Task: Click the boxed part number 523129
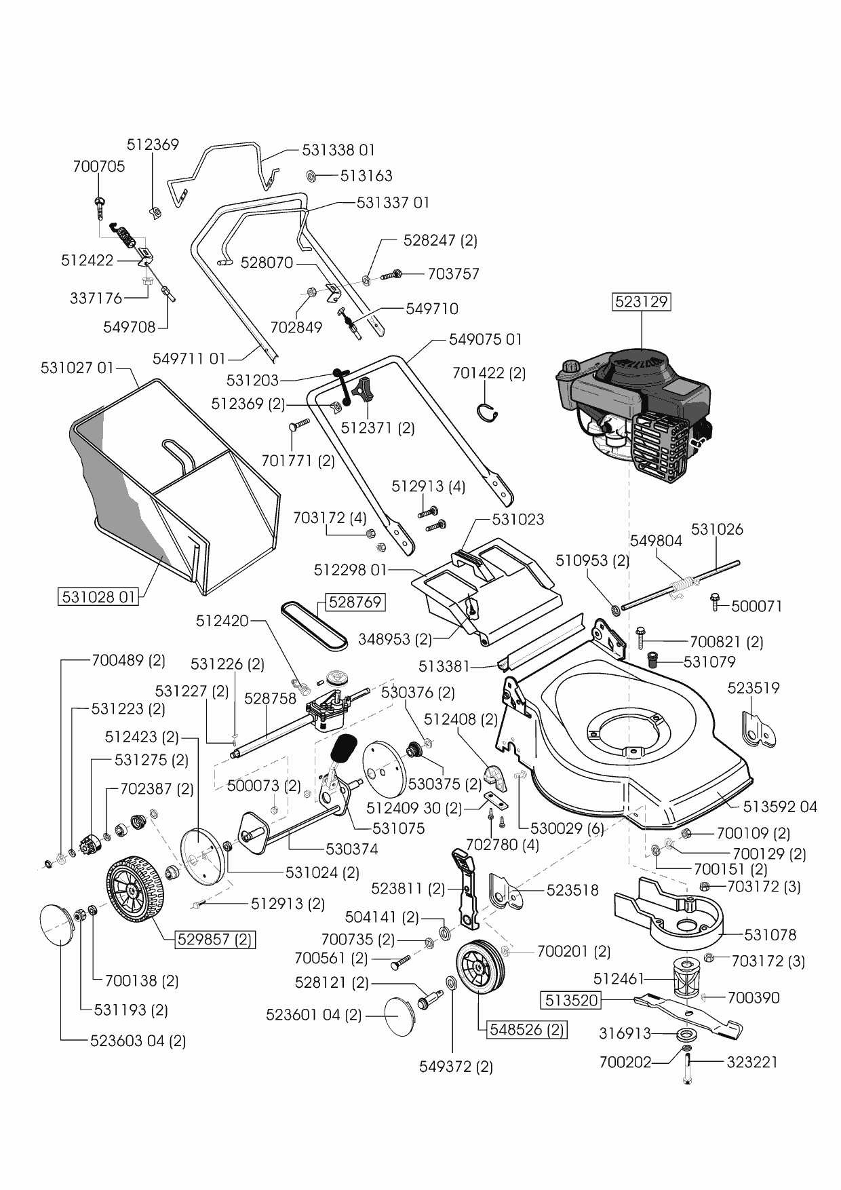[642, 301]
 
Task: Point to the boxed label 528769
[355, 602]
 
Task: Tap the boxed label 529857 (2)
[215, 940]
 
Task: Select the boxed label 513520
[571, 1000]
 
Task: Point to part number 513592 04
[780, 807]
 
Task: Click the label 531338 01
[338, 150]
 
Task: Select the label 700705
[99, 167]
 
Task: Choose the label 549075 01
[486, 339]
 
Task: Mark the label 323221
[752, 1062]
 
